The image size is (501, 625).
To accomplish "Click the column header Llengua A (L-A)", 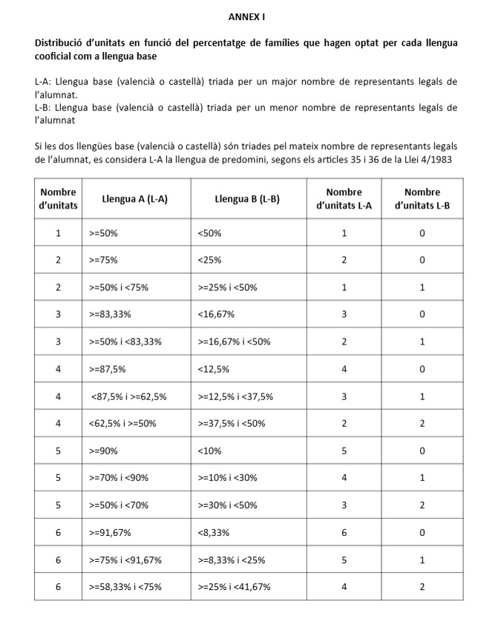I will [x=135, y=199].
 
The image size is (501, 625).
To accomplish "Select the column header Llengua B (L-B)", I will [x=247, y=199].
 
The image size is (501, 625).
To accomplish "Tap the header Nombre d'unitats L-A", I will [x=344, y=199].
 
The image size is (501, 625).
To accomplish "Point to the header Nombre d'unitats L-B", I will [x=422, y=199].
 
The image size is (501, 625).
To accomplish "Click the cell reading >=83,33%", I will [x=110, y=315].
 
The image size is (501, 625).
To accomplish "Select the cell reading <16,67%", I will [x=216, y=315].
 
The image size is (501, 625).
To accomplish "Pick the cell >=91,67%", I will [x=110, y=533].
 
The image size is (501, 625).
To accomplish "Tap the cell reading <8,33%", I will [x=214, y=533].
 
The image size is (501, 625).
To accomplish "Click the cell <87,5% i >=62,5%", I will [x=128, y=396].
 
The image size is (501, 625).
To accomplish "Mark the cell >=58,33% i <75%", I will [x=125, y=587].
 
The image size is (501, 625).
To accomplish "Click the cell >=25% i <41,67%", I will [x=234, y=587].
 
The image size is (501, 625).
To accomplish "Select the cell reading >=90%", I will [x=103, y=451].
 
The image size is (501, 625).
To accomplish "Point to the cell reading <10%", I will [x=209, y=451].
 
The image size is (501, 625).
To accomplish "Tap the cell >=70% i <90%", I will [x=119, y=478].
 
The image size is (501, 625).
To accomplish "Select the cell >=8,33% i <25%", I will [x=232, y=560].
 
